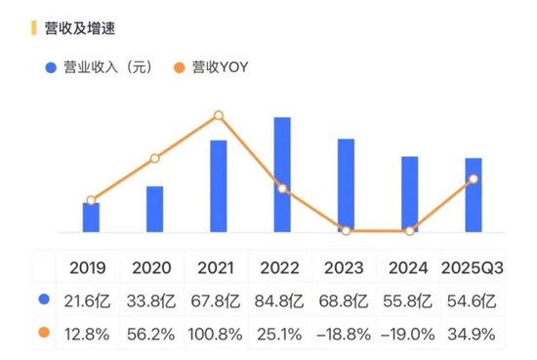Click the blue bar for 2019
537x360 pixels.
(x=91, y=217)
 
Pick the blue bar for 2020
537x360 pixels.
(x=154, y=209)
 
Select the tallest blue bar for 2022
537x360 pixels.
(x=282, y=175)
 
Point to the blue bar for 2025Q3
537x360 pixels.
(x=474, y=195)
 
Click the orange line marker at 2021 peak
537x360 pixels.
(x=219, y=116)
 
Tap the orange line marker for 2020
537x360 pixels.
(x=154, y=158)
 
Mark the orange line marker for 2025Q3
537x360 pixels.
(x=474, y=179)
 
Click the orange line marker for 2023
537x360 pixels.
(x=346, y=231)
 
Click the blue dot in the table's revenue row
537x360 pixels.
(x=44, y=300)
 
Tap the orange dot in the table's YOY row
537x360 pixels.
(x=44, y=334)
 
